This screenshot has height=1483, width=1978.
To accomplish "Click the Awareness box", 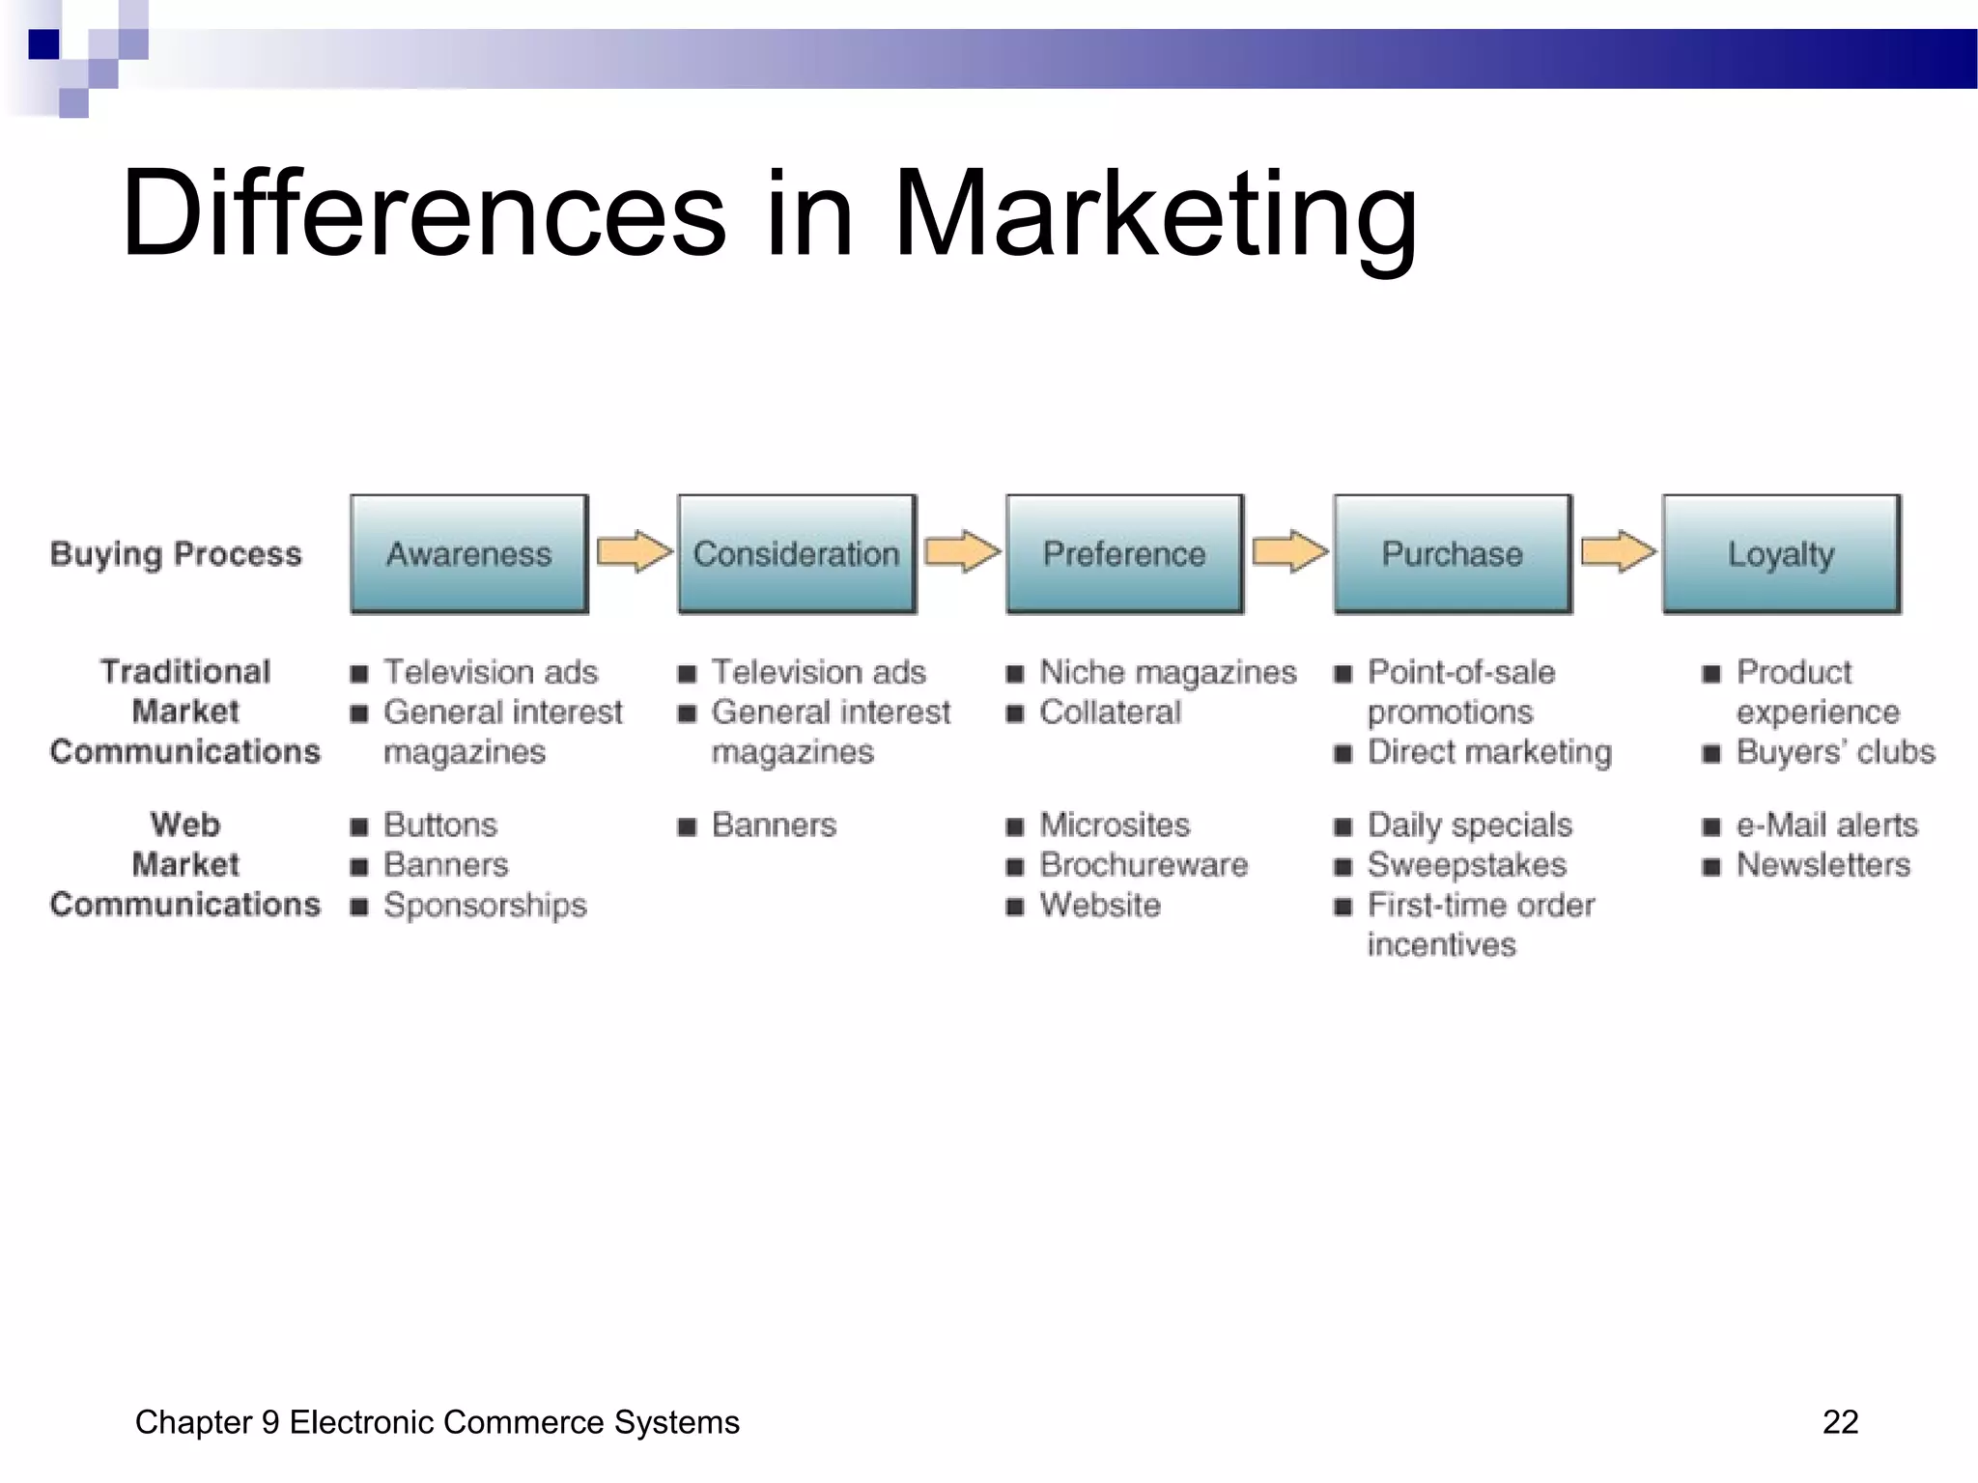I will [469, 554].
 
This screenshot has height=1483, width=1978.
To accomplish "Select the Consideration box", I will [797, 554].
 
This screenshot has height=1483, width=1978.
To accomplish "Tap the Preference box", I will [1124, 554].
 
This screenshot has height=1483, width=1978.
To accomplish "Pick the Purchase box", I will [1453, 554].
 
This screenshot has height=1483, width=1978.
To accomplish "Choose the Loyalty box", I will [1781, 554].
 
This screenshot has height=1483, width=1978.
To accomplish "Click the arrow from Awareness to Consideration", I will [634, 551].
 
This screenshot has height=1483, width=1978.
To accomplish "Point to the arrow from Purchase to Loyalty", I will [1618, 551].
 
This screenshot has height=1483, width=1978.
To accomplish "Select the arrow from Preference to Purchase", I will [1289, 551].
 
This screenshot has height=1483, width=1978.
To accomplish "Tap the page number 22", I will [1840, 1422].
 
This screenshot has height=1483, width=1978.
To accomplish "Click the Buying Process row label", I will [176, 554].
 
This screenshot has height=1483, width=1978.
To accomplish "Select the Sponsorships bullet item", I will [485, 906].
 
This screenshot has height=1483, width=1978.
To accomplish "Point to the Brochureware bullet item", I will [1144, 865].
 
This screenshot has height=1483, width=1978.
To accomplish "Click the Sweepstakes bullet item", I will [1466, 865].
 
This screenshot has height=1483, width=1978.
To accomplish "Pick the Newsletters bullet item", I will [1823, 865].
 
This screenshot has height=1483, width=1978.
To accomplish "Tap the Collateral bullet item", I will [1110, 713].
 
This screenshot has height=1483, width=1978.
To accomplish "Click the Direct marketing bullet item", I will [1489, 752].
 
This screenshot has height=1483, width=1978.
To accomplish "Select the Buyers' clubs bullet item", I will [1835, 752].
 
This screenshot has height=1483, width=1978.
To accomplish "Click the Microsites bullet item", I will [1115, 825].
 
